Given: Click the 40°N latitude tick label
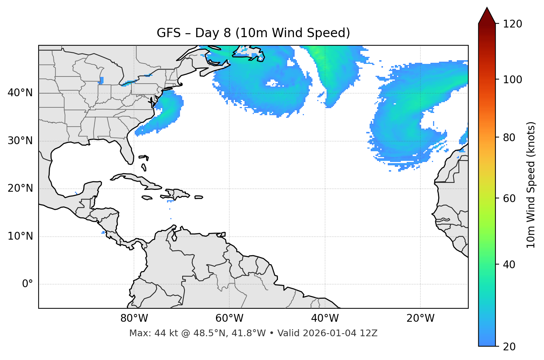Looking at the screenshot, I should pyautogui.click(x=20, y=93).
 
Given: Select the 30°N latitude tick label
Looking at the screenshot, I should pyautogui.click(x=20, y=141).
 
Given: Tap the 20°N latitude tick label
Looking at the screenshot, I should pyautogui.click(x=20, y=188).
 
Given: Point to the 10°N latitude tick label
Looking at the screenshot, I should pyautogui.click(x=20, y=236).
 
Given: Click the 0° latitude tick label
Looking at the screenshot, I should pyautogui.click(x=27, y=284).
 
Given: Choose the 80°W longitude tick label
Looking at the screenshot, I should pyautogui.click(x=134, y=318).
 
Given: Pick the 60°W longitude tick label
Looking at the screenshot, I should pyautogui.click(x=229, y=318).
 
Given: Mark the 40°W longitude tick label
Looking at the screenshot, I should pyautogui.click(x=325, y=318).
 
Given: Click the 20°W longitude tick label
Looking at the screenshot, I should pyautogui.click(x=420, y=318).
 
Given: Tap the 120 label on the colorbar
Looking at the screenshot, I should pyautogui.click(x=512, y=24).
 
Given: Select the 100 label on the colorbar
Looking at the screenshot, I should pyautogui.click(x=512, y=80).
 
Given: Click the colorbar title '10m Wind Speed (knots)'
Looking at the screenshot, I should pyautogui.click(x=531, y=185).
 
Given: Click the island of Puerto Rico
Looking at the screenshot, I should pyautogui.click(x=199, y=197).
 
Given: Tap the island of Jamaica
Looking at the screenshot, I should pyautogui.click(x=147, y=198).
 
